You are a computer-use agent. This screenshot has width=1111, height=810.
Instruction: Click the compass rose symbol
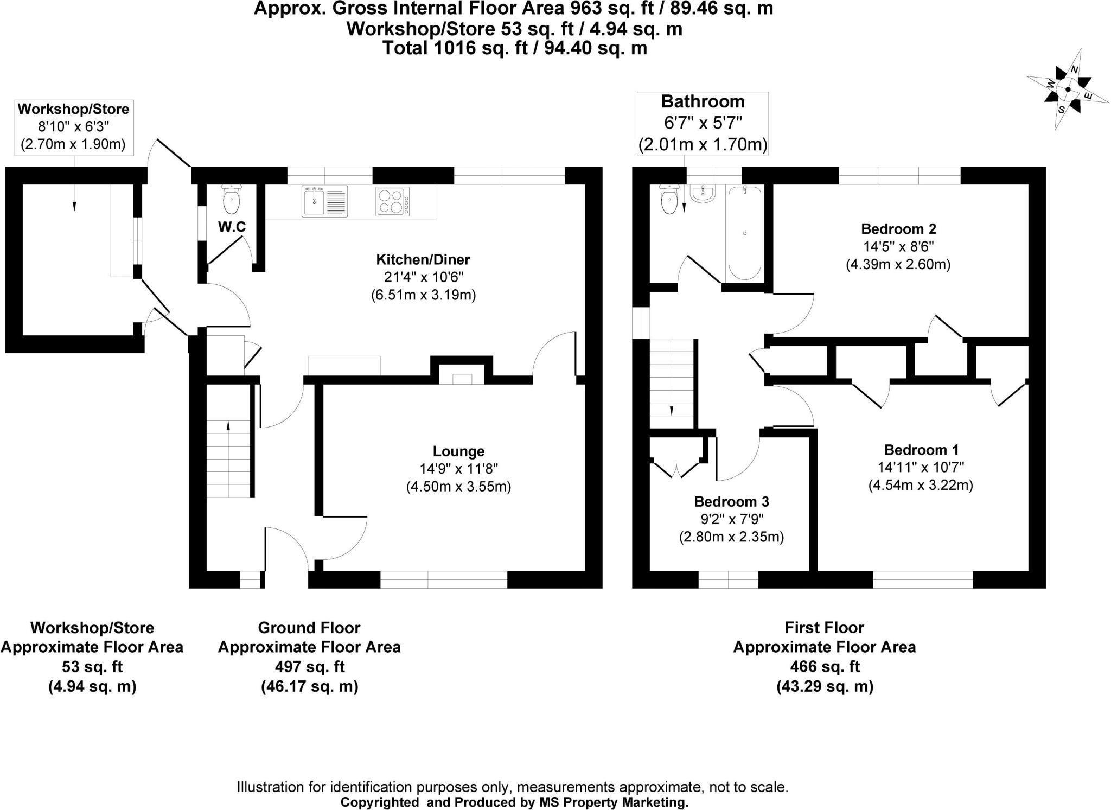(x=1067, y=90)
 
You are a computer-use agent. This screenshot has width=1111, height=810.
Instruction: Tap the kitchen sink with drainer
(x=324, y=201)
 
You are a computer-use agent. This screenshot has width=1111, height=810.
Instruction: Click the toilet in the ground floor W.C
(x=231, y=200)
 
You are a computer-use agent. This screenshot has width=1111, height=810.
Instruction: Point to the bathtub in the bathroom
(x=744, y=232)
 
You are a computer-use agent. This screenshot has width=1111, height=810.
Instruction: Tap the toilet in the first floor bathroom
(x=669, y=200)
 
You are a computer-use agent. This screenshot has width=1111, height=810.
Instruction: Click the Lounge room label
(x=458, y=451)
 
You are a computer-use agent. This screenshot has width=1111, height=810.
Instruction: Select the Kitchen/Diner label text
(x=423, y=259)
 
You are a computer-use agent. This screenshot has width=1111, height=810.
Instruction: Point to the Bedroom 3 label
(x=731, y=501)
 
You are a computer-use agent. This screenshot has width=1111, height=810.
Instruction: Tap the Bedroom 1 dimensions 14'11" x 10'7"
(x=921, y=467)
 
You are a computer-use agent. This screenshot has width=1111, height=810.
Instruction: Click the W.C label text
(x=232, y=227)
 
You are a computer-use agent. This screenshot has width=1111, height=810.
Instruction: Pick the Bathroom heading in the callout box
(x=703, y=101)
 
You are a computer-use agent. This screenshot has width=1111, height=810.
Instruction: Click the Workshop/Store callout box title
(x=73, y=109)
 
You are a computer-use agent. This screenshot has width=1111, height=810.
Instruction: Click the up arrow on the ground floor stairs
(x=228, y=426)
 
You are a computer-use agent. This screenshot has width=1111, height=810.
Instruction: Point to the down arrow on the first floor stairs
(x=672, y=410)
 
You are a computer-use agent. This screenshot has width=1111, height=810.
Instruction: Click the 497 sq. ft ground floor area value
(x=309, y=666)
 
